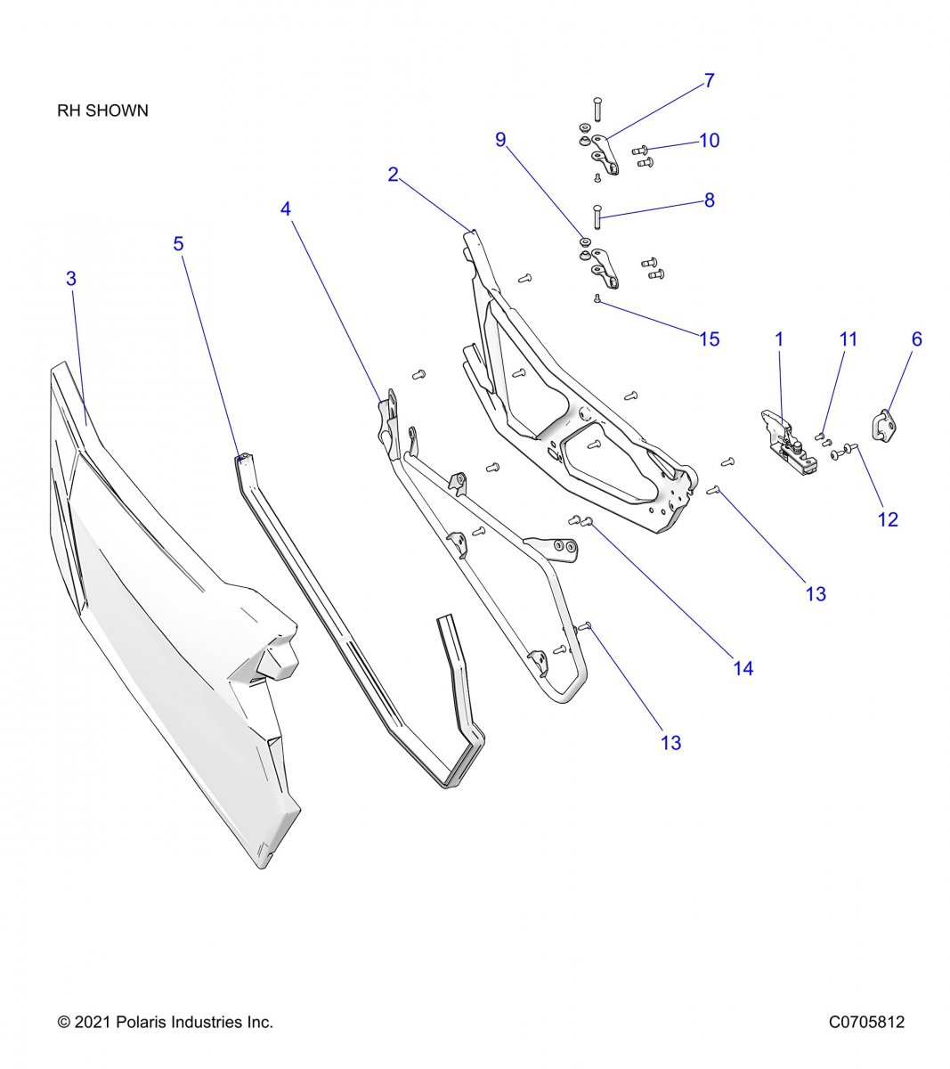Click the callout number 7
click(709, 81)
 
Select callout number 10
click(709, 141)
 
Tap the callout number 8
click(709, 200)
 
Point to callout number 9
click(500, 140)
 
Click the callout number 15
click(709, 339)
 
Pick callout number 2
click(393, 175)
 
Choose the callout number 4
click(286, 208)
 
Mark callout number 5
click(179, 243)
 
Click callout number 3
click(71, 279)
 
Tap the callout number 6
click(916, 339)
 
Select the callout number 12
click(888, 519)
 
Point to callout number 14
click(743, 668)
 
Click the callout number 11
click(849, 339)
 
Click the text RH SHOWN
click(102, 111)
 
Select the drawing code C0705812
click(866, 1022)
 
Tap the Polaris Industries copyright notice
click(165, 1022)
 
